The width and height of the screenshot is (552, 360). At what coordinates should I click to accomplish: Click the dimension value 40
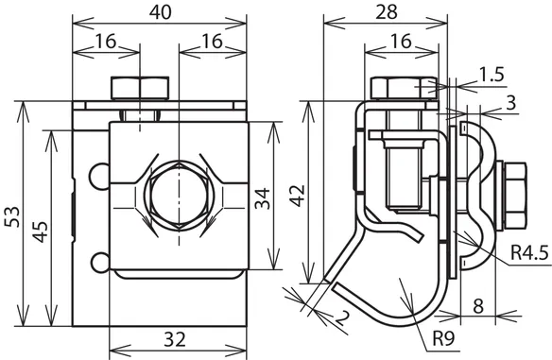[x=160, y=12]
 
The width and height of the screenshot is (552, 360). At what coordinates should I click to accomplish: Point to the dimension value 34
[x=263, y=198]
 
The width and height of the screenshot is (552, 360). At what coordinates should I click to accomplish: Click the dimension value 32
[x=175, y=340]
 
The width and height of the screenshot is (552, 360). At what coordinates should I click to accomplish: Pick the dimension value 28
[x=387, y=12]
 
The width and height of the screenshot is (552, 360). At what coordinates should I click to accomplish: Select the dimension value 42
[x=298, y=196]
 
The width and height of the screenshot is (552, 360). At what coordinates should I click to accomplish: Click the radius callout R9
[x=443, y=338]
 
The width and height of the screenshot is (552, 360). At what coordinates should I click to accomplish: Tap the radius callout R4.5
[x=530, y=252]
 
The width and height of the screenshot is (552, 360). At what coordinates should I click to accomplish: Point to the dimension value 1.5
[x=492, y=75]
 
